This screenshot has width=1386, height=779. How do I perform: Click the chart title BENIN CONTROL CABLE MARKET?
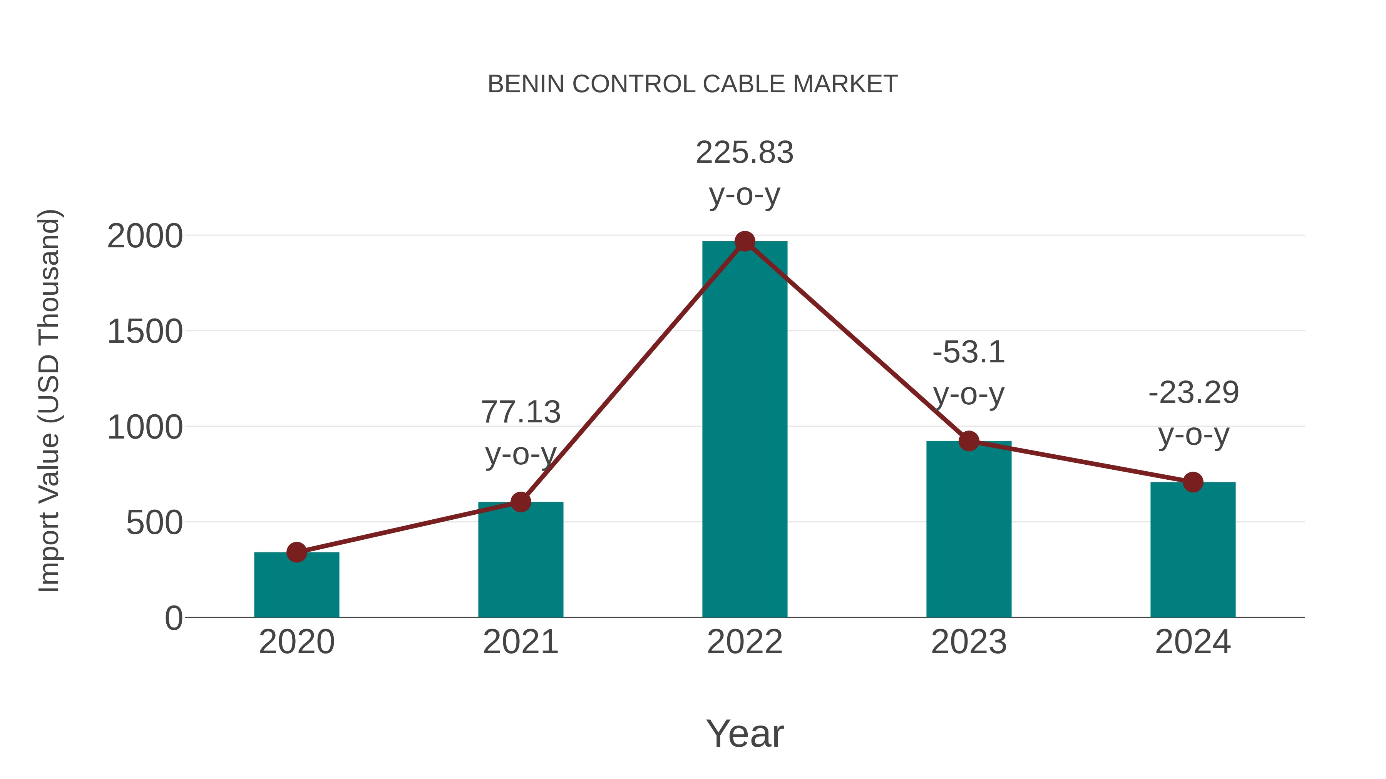[x=693, y=84]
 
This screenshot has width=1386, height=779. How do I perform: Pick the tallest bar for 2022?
[x=744, y=430]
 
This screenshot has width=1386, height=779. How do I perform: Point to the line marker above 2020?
[x=296, y=552]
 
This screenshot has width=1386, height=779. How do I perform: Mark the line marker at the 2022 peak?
[x=745, y=241]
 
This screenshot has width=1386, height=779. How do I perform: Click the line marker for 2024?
[x=1193, y=482]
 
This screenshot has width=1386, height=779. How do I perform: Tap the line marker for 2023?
[x=969, y=441]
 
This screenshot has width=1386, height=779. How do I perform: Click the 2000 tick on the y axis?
[x=145, y=237]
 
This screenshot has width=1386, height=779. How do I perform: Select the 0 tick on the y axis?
[x=173, y=618]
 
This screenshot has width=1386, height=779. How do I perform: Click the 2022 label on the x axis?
[x=744, y=642]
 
